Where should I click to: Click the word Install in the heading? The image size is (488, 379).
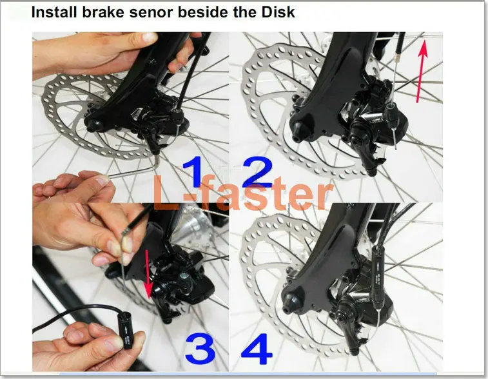[54, 12]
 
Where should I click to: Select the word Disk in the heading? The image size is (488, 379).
[278, 12]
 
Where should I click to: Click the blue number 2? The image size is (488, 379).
[257, 172]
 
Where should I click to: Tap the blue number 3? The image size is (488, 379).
[200, 348]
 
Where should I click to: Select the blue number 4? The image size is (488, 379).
[257, 349]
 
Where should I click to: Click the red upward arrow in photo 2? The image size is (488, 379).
[421, 72]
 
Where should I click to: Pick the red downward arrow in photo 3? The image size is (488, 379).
[148, 274]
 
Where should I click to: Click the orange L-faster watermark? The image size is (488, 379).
[243, 193]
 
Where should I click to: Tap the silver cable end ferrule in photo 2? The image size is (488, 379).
[397, 57]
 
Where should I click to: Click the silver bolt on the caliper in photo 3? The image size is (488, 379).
[184, 276]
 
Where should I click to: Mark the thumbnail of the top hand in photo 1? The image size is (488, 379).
[150, 37]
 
